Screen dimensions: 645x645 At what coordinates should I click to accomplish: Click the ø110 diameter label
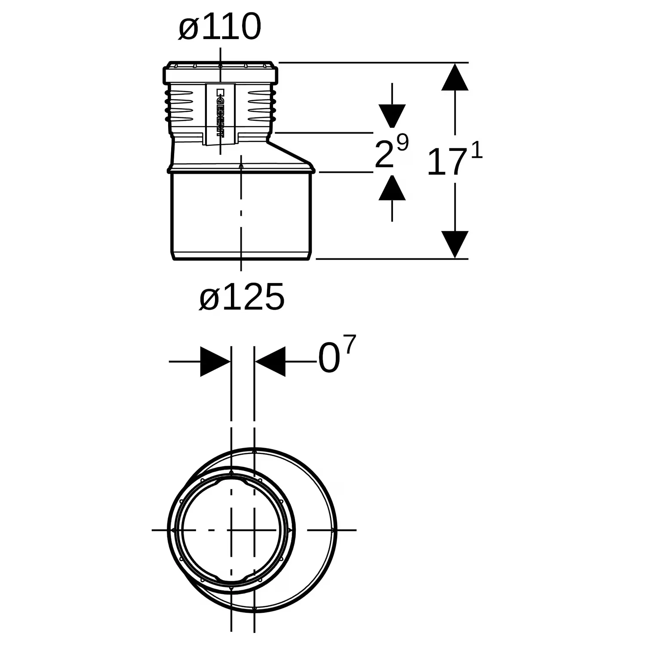(220, 27)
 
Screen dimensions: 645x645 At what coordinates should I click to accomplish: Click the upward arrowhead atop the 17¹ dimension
(455, 77)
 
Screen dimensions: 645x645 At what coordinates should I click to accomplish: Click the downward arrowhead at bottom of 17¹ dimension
(455, 245)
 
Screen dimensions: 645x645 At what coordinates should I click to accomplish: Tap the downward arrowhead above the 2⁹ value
(392, 116)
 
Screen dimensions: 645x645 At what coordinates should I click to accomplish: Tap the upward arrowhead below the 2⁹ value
(392, 188)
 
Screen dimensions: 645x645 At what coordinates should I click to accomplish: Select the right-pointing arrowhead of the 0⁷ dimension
(215, 362)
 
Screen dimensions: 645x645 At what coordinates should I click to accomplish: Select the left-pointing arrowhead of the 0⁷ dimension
(270, 362)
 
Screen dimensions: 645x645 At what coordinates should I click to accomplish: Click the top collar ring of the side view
(220, 73)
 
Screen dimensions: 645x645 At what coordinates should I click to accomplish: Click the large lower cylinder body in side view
(242, 215)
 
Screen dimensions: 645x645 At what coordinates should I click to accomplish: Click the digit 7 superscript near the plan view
(350, 345)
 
